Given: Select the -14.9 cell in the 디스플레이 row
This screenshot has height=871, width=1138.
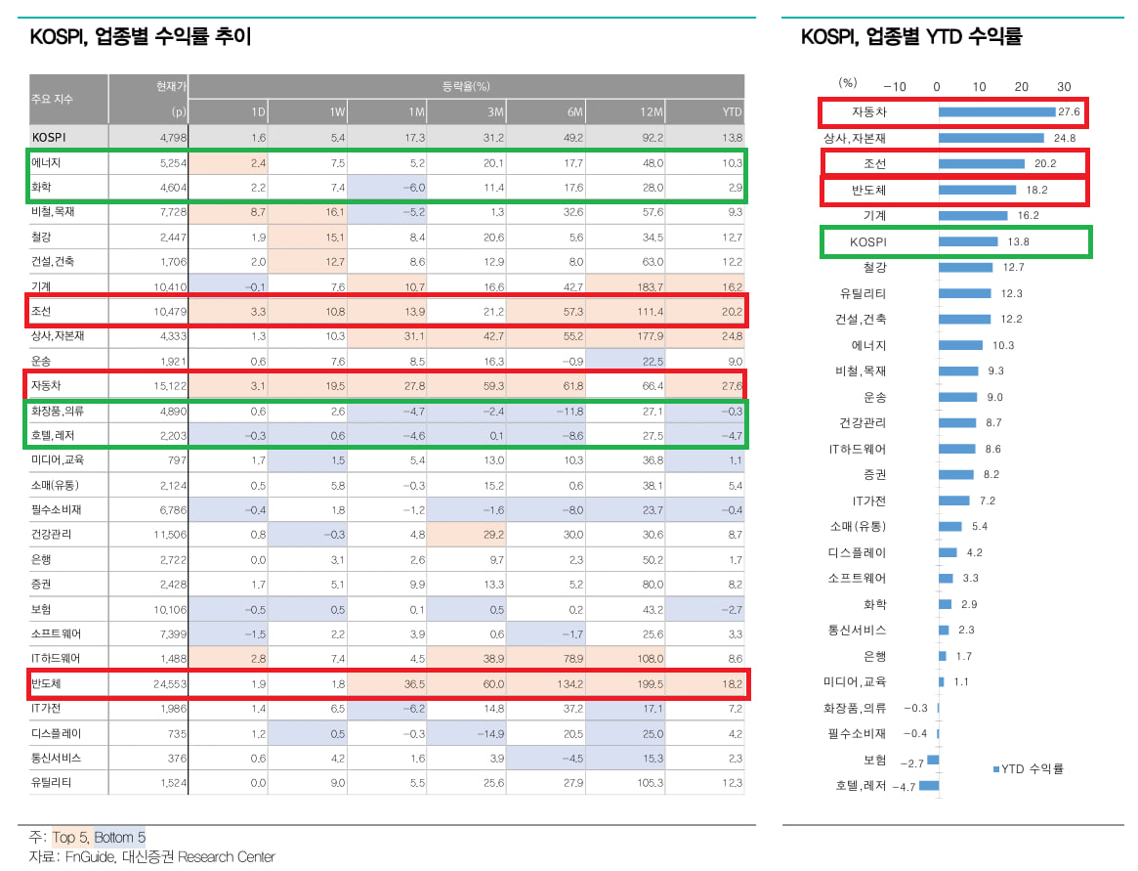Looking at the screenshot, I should [488, 733].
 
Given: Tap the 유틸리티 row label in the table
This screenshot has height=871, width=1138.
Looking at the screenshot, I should [52, 782].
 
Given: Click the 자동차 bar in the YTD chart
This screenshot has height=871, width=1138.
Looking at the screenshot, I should [996, 112].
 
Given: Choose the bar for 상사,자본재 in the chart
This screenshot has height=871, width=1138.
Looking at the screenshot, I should [990, 138].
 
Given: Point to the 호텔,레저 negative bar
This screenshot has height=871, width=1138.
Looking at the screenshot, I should [928, 785].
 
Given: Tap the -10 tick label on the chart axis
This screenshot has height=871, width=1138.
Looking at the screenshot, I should [895, 86].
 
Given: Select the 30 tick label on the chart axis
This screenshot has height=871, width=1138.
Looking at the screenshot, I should [1064, 86].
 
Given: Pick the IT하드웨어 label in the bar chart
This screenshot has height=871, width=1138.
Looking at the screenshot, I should [856, 449].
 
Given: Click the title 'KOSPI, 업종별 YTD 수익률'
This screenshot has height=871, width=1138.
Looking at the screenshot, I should [910, 37].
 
